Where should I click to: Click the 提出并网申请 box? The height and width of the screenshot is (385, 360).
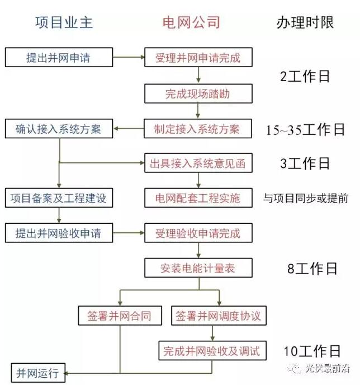(59, 57)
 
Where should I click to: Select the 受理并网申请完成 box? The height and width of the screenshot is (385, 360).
(198, 57)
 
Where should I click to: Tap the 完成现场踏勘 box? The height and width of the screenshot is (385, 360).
(198, 93)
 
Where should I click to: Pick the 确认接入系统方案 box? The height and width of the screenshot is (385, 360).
(59, 129)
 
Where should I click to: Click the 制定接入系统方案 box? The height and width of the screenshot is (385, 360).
(198, 129)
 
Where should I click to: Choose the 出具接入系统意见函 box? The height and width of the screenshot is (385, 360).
(198, 163)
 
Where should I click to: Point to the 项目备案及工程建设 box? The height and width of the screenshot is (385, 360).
(59, 198)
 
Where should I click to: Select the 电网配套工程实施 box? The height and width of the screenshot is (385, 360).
(198, 198)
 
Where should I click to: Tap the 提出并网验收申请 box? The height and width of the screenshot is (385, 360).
(59, 233)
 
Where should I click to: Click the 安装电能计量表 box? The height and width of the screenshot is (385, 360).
(198, 268)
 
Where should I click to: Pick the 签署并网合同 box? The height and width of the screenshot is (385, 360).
(120, 316)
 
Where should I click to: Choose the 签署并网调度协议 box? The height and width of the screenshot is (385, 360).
(219, 316)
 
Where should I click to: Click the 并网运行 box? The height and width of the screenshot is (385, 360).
(38, 373)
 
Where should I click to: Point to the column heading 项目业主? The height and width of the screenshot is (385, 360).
(64, 22)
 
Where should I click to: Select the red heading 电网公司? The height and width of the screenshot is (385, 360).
(191, 22)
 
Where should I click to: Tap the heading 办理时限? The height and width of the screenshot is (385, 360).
(305, 22)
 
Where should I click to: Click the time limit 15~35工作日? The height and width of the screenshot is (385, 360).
(306, 129)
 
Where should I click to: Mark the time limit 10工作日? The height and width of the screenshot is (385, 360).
(312, 351)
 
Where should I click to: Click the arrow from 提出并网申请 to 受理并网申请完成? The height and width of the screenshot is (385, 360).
(129, 57)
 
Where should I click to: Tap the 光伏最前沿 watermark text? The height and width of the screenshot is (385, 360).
(328, 368)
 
